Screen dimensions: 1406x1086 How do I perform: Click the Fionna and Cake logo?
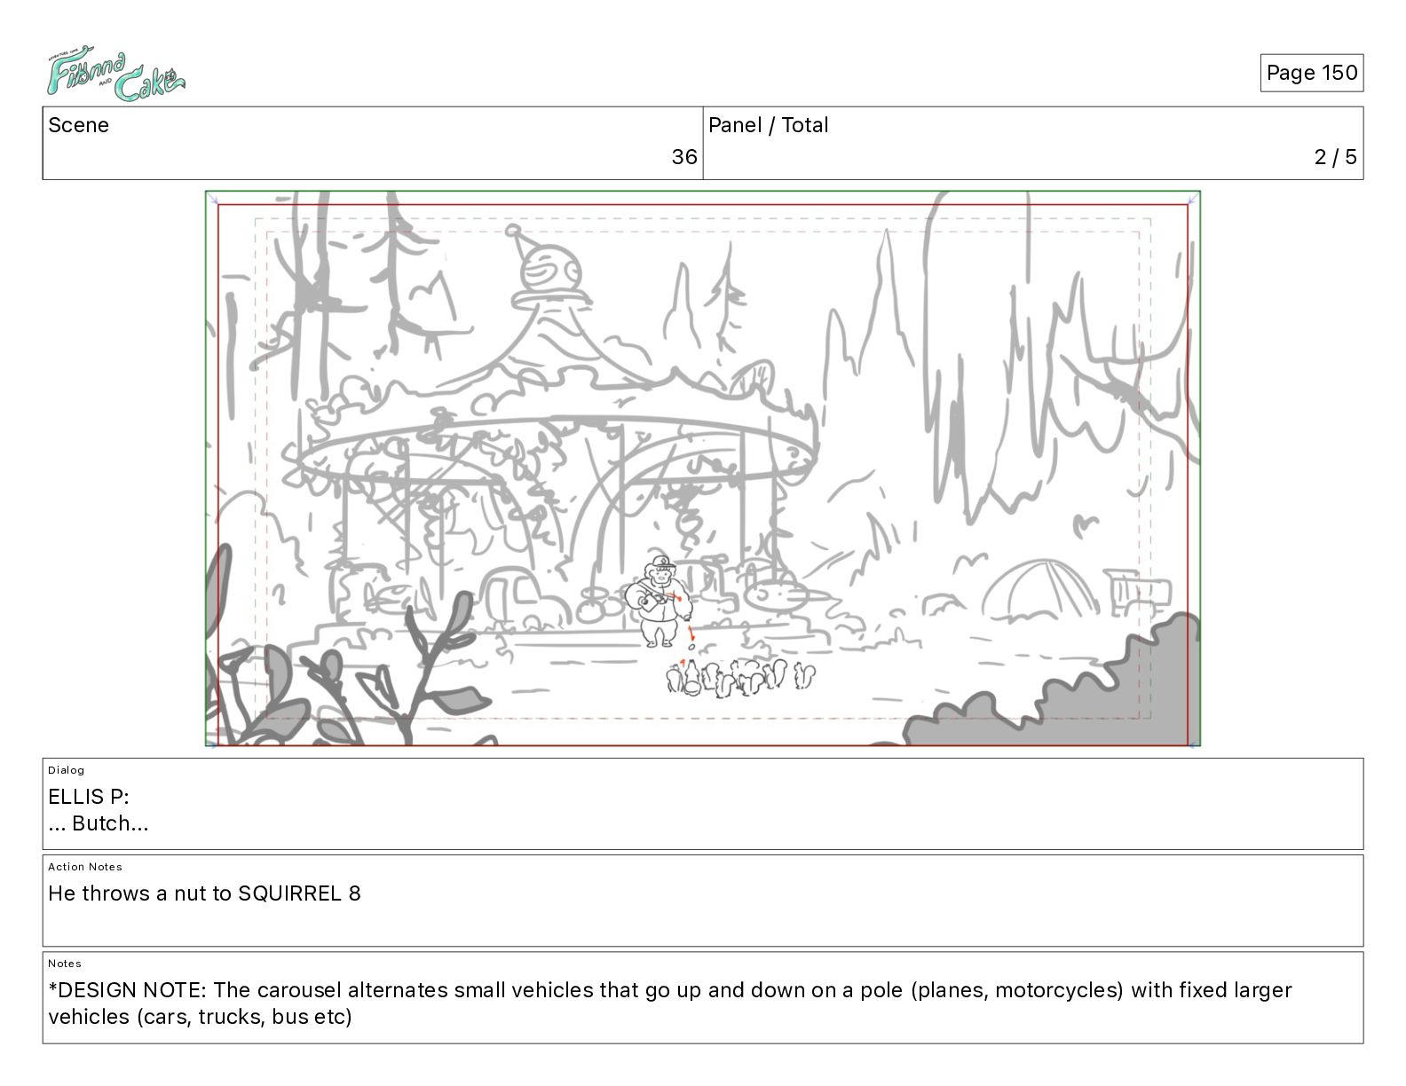115,73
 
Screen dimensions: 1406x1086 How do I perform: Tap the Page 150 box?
1312,73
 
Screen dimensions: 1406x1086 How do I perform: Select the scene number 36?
683,156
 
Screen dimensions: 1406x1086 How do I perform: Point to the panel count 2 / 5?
1336,156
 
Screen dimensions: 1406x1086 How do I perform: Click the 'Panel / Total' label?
768,125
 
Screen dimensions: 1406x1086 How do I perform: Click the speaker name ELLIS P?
89,796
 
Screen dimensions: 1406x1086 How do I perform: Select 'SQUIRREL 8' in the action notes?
300,893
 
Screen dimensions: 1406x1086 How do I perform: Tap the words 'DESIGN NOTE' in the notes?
132,989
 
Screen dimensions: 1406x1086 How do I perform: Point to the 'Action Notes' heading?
84,867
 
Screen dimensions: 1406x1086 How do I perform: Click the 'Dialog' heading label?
66,770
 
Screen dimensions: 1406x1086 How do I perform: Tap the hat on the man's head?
662,562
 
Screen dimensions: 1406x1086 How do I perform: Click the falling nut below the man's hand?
691,647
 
